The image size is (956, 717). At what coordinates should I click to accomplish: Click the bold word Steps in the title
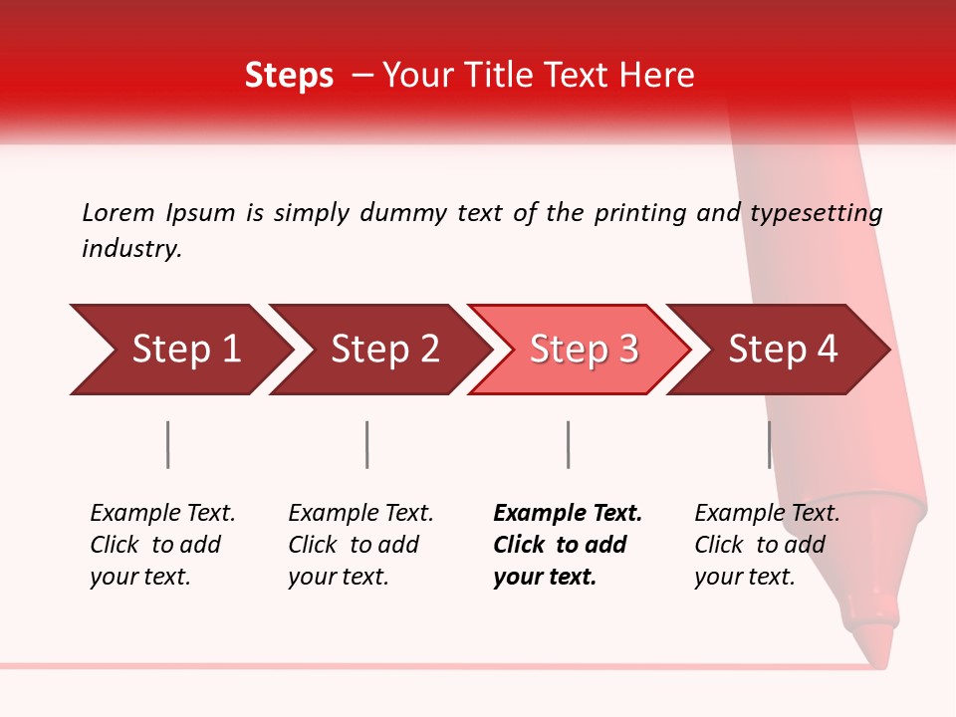click(289, 76)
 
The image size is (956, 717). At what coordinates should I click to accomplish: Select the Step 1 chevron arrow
click(179, 350)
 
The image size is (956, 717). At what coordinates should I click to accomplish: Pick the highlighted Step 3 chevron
click(580, 350)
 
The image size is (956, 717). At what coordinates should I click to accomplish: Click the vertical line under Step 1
click(168, 444)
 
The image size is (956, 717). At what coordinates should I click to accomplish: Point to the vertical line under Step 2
click(367, 444)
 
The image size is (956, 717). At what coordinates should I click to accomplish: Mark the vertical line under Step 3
click(568, 444)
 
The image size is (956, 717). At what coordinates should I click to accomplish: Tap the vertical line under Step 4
click(769, 444)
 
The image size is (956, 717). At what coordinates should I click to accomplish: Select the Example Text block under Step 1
click(162, 545)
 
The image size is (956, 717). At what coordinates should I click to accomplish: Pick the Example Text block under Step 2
click(360, 545)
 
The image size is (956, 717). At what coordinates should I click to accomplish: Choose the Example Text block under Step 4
click(766, 545)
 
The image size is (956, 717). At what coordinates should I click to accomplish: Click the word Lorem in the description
click(119, 212)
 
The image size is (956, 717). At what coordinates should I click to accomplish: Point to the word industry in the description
click(130, 249)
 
